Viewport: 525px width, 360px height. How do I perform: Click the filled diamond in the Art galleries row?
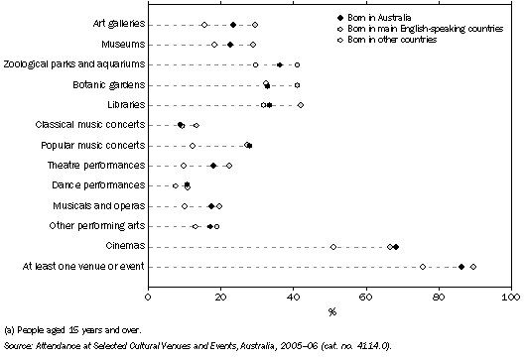[233, 24]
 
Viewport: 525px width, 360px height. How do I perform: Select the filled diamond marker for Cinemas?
[395, 246]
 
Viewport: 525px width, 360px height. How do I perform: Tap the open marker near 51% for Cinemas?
[333, 246]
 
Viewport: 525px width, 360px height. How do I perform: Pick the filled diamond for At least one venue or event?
[461, 266]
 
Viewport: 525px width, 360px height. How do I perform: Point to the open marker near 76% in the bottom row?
[423, 266]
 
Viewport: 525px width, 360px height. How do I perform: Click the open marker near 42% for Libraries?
[301, 104]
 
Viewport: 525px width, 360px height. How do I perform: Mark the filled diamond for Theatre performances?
[213, 166]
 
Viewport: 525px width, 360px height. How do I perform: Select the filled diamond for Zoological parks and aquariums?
[280, 64]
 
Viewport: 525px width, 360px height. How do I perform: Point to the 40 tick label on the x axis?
[294, 296]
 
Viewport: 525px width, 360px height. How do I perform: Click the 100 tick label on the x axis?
[511, 296]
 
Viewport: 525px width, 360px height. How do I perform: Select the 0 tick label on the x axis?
[148, 296]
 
